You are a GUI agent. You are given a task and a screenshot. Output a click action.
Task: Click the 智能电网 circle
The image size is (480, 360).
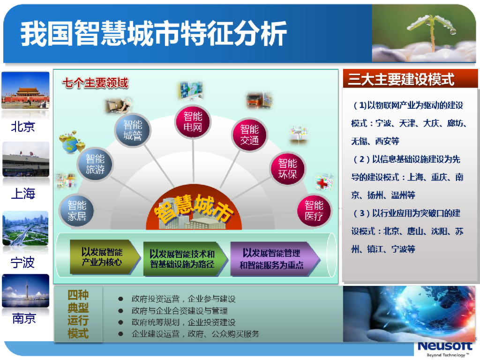pyautogui.click(x=193, y=121)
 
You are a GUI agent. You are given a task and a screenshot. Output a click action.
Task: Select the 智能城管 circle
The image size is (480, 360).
pyautogui.click(x=133, y=130)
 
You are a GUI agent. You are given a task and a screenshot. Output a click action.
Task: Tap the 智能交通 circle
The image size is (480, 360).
pyautogui.click(x=249, y=135)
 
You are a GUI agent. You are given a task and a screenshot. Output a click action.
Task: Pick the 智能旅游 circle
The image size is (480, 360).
pyautogui.click(x=95, y=164)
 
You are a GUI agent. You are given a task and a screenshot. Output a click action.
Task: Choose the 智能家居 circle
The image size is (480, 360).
pyautogui.click(x=77, y=210)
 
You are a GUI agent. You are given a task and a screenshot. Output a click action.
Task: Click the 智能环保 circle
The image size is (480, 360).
pyautogui.click(x=287, y=168)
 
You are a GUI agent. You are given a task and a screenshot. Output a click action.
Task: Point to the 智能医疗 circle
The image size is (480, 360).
pyautogui.click(x=314, y=210)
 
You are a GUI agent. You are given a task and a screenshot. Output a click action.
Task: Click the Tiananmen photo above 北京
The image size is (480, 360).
pyautogui.click(x=25, y=90)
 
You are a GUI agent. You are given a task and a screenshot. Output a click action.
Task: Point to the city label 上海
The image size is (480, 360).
pyautogui.click(x=23, y=194)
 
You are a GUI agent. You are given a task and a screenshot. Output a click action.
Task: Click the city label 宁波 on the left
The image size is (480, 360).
pyautogui.click(x=22, y=262)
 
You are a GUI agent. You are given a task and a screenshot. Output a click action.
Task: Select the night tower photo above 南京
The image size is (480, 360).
pyautogui.click(x=25, y=291)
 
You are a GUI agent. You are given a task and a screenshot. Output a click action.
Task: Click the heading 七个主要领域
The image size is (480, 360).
pyautogui.click(x=95, y=83)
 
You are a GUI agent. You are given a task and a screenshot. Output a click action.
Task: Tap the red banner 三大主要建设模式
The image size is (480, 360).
pyautogui.click(x=410, y=79)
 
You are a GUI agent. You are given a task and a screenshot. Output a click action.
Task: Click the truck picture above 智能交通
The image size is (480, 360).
pyautogui.click(x=259, y=100)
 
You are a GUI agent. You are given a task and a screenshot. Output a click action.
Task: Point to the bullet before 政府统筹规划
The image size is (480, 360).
pyautogui.click(x=120, y=322)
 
